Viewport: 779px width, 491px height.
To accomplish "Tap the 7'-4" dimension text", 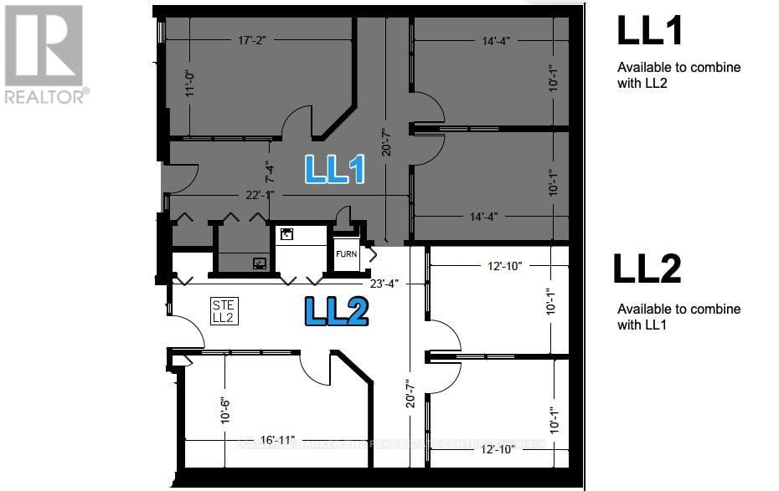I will point(268,171).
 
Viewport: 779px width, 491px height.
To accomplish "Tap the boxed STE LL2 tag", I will point(223,312).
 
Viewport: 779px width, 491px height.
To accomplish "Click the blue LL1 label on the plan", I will point(334,169).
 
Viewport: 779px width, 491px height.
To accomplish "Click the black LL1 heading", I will point(650,31).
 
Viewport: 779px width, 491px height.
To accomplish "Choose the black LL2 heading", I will point(647,269).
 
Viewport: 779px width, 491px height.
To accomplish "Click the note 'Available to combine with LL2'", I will point(678,74).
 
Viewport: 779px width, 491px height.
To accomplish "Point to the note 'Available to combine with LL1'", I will point(678,316).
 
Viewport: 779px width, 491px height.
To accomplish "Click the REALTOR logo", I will point(44,54).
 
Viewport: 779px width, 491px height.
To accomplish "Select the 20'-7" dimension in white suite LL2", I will point(409,393).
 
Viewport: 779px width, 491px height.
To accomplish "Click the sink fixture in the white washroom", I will point(286,235).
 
